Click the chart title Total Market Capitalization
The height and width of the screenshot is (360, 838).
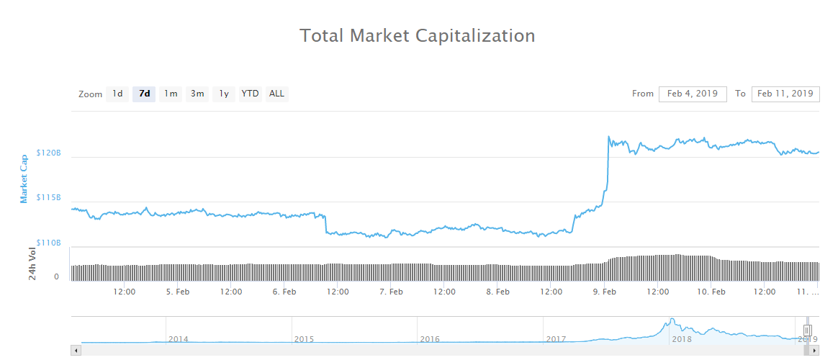tap(417, 35)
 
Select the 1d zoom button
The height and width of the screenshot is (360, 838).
tap(117, 94)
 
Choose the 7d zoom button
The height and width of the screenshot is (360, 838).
tap(144, 94)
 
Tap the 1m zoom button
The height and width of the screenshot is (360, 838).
tap(171, 94)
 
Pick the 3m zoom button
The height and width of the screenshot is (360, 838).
tap(197, 94)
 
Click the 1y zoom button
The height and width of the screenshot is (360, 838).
tap(224, 94)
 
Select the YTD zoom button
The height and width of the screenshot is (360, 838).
tap(250, 94)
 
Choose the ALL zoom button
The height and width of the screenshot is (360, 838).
tap(276, 94)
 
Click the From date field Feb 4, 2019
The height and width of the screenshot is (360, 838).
tap(693, 94)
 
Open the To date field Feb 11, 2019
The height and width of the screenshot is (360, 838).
tap(785, 94)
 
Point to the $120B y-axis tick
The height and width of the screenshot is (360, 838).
tap(49, 153)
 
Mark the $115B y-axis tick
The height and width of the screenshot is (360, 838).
tap(49, 198)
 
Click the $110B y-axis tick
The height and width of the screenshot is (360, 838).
tap(49, 243)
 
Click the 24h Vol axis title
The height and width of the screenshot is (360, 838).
tap(32, 263)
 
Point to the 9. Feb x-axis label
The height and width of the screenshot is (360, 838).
tap(604, 292)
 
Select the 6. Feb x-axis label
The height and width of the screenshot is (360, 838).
tap(284, 292)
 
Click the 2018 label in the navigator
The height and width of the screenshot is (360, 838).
tap(681, 338)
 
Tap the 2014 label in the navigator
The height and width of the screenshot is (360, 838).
tap(179, 338)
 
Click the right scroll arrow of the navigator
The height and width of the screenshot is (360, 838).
tap(815, 350)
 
